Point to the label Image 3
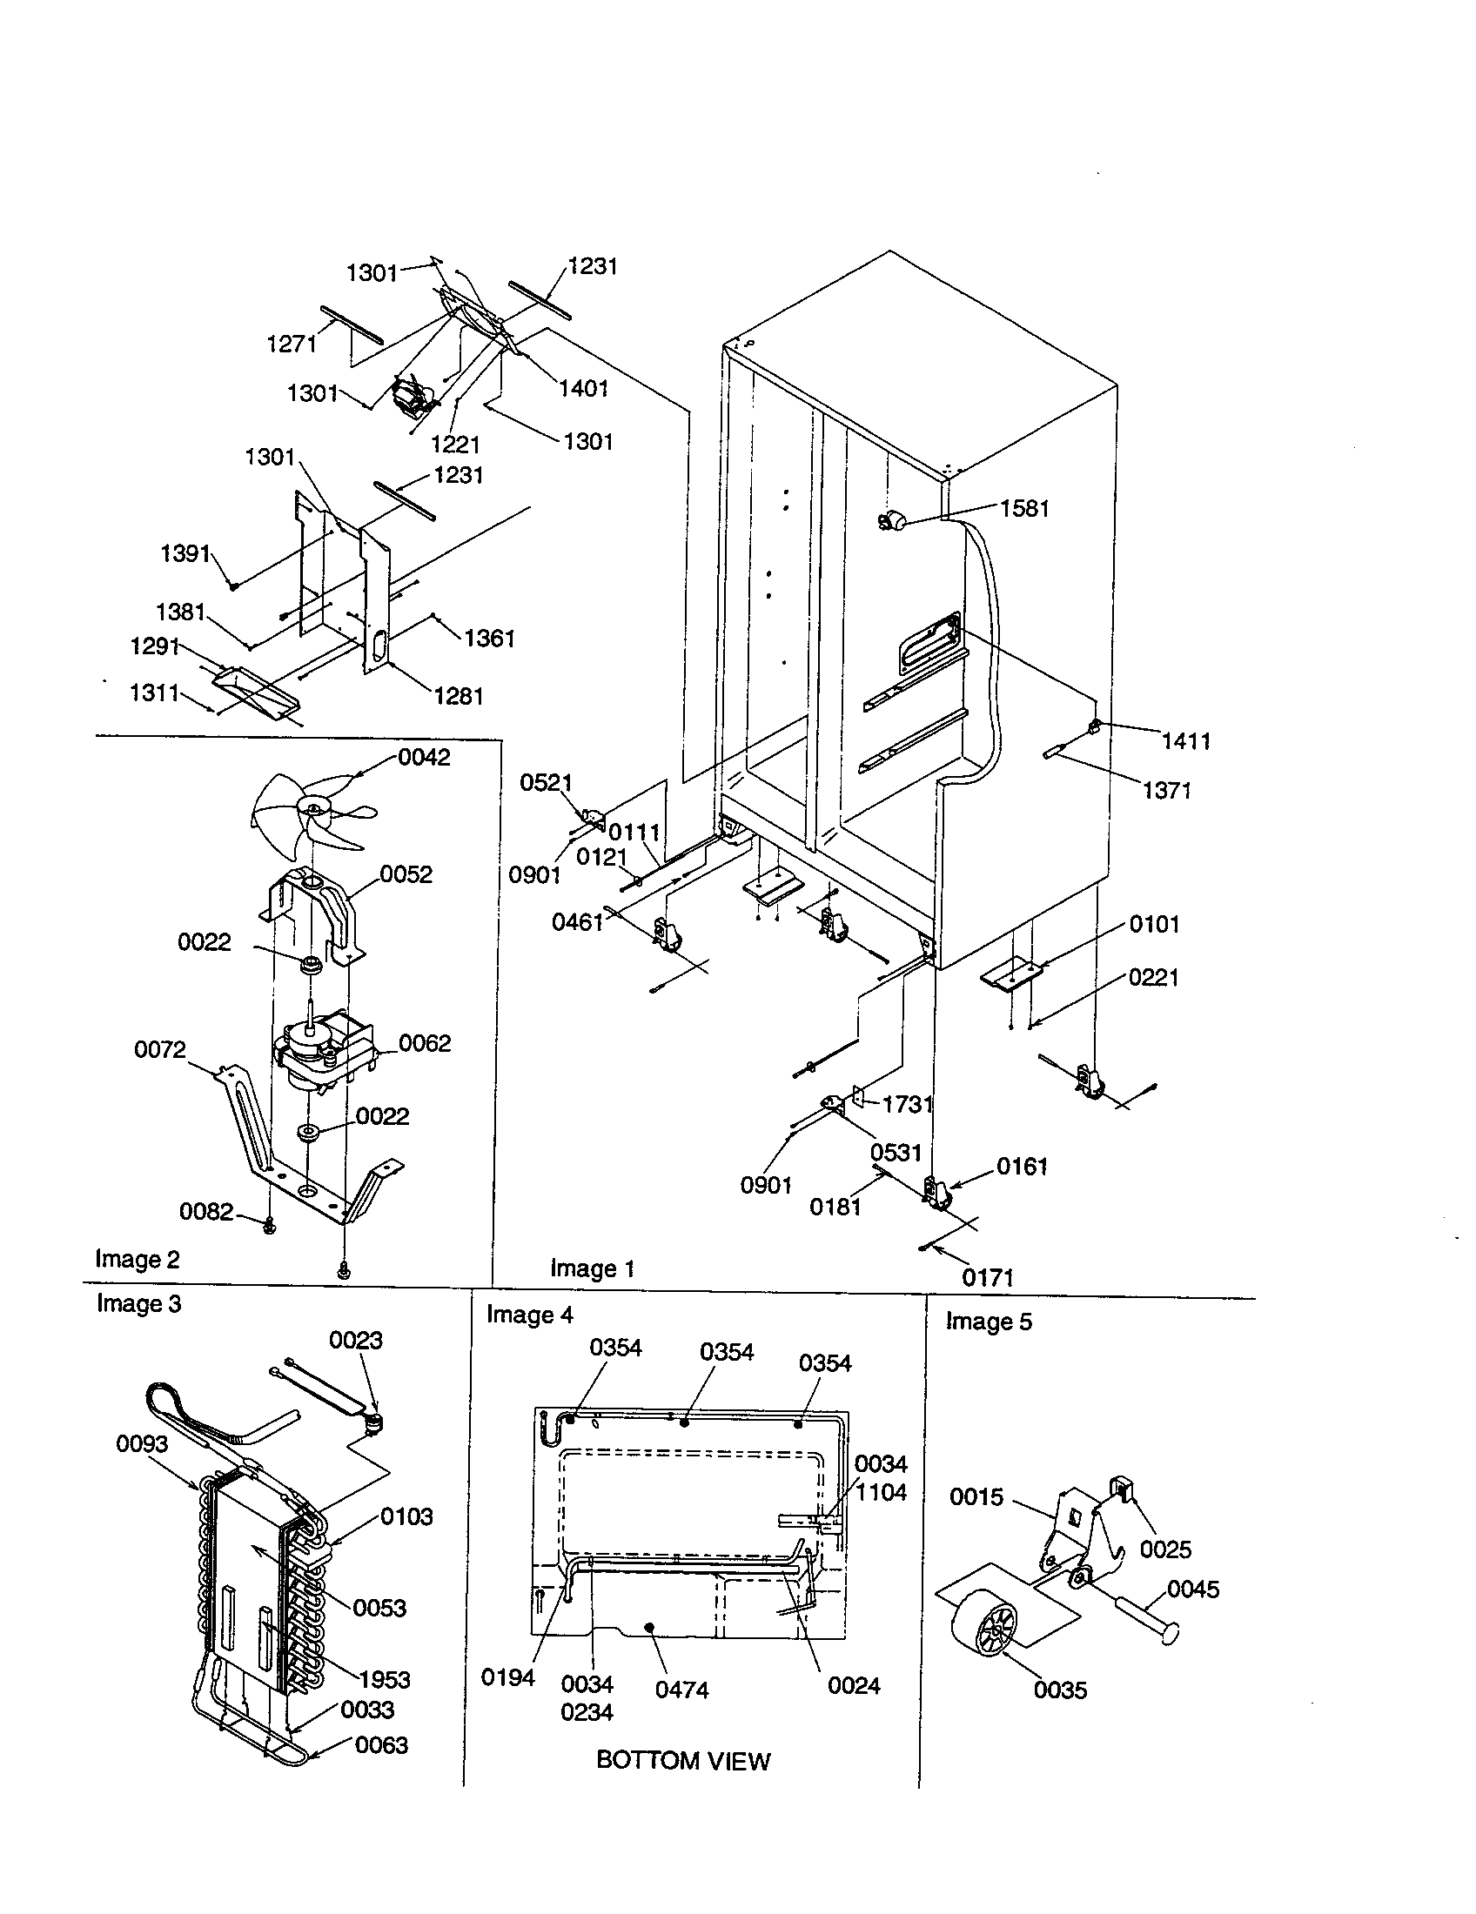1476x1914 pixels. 138,1304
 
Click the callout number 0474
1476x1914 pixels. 681,1690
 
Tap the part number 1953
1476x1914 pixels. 385,1679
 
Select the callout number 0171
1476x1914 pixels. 987,1278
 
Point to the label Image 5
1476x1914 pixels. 989,1322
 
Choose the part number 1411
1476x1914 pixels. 1186,741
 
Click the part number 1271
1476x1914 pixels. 291,344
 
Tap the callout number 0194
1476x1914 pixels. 507,1677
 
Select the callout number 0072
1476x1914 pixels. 159,1049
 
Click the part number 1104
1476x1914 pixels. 881,1492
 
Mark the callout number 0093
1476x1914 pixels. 142,1443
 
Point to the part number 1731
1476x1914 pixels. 907,1104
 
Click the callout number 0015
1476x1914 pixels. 976,1497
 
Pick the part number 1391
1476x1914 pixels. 186,553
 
